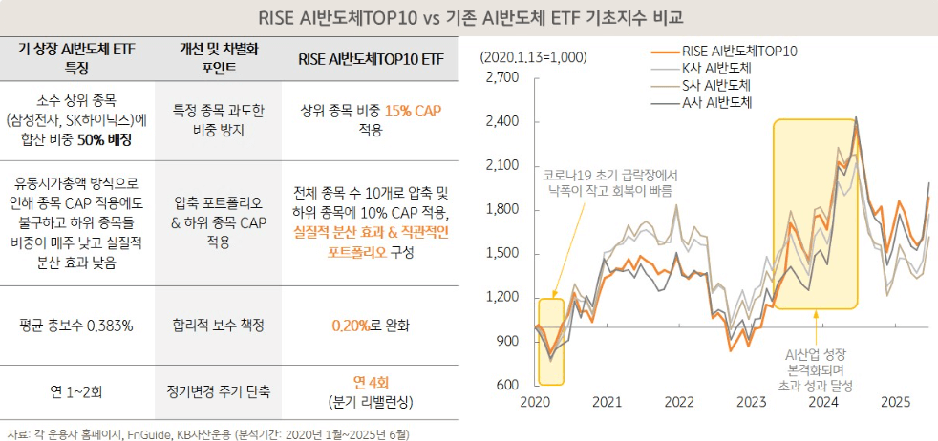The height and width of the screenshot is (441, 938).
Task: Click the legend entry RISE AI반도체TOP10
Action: click(739, 52)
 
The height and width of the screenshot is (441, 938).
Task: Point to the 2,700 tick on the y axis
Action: click(501, 77)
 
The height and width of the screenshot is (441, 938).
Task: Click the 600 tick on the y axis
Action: click(507, 385)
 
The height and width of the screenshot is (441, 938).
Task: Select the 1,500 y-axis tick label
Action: click(501, 253)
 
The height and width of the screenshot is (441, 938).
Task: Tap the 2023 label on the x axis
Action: click(752, 404)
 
